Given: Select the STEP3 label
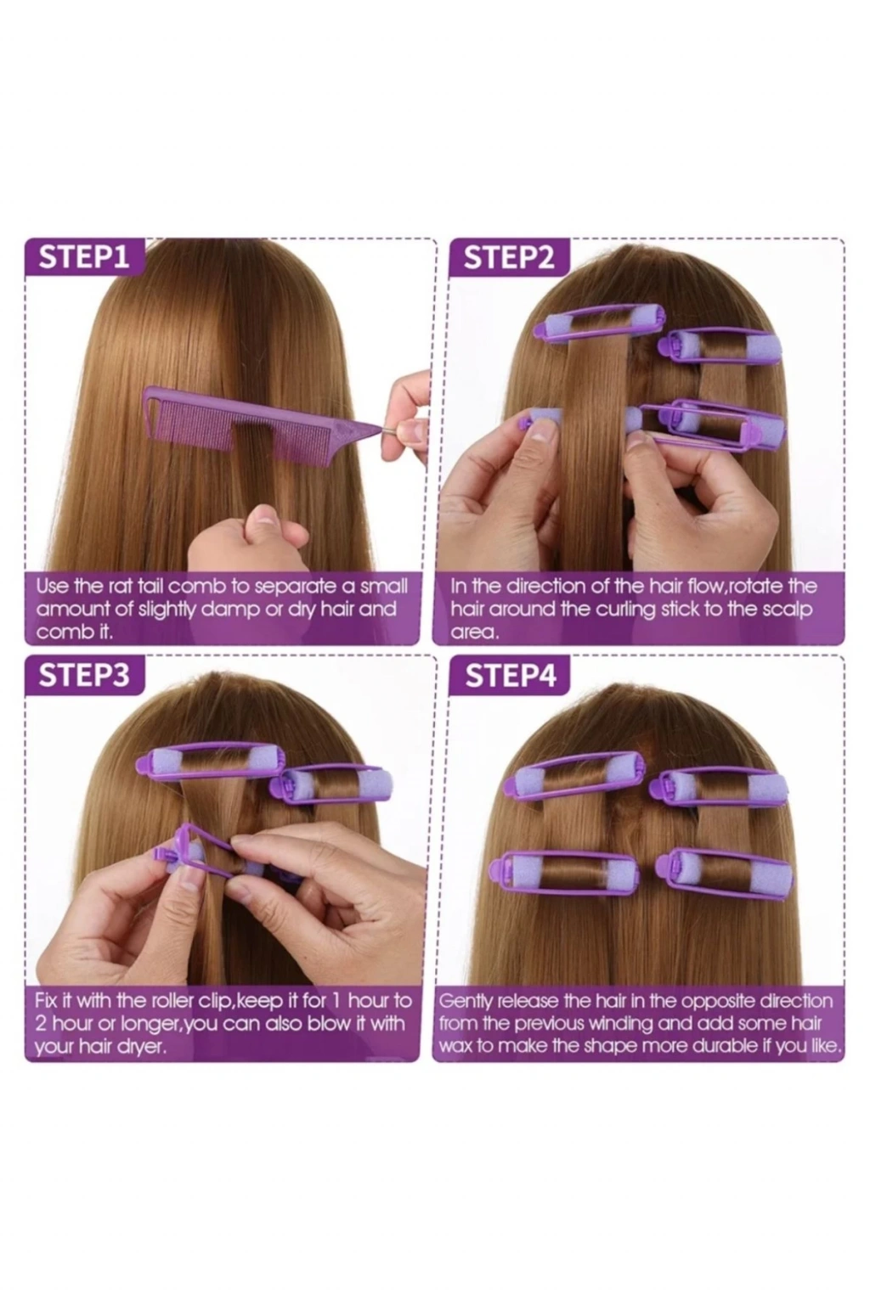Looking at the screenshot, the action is [x=84, y=675].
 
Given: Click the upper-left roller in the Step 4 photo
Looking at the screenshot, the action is [x=574, y=775].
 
